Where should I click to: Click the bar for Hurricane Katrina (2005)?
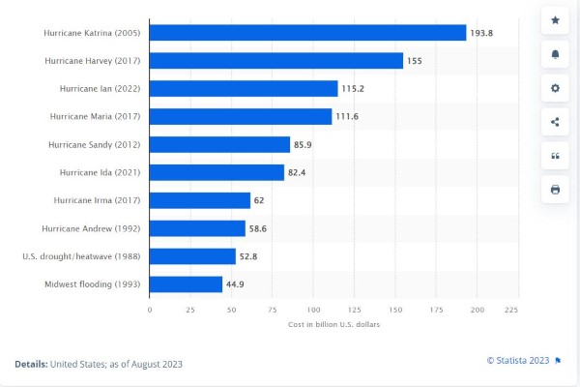[x=307, y=33]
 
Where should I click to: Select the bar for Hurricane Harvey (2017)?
[x=275, y=61]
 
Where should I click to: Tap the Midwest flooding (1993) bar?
[x=186, y=284]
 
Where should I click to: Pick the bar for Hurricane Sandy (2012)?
[x=219, y=144]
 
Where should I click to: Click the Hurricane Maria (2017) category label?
[x=95, y=116]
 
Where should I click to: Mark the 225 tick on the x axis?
[x=511, y=310]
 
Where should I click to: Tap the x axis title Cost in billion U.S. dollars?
[x=334, y=324]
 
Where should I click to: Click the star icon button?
[x=555, y=20]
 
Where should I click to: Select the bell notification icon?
[x=555, y=54]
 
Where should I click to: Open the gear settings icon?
[x=555, y=88]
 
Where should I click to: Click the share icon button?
[x=555, y=122]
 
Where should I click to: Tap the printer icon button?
[x=555, y=190]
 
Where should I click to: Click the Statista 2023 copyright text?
[x=518, y=360]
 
